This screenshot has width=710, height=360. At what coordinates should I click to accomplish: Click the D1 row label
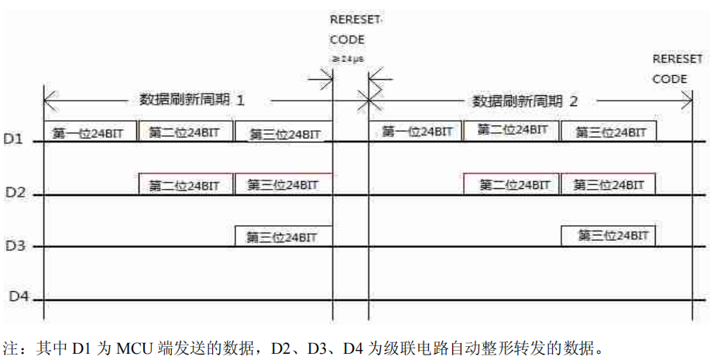pyautogui.click(x=15, y=140)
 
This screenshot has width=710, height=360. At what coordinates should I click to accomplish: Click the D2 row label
pyautogui.click(x=15, y=192)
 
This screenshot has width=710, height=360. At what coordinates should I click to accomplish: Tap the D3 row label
pyautogui.click(x=15, y=246)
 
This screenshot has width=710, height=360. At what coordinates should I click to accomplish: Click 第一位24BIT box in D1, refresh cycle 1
pyautogui.click(x=90, y=132)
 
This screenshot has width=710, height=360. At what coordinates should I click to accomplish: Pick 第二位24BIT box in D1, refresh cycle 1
pyautogui.click(x=185, y=132)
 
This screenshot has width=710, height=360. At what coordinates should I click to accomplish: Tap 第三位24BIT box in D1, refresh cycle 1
pyautogui.click(x=284, y=133)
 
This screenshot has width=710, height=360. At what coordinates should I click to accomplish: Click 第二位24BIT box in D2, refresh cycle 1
pyautogui.click(x=185, y=185)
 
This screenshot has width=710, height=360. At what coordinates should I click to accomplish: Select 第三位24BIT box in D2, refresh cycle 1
pyautogui.click(x=284, y=184)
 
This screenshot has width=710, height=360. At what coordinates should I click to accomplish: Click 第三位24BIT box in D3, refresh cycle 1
pyautogui.click(x=284, y=236)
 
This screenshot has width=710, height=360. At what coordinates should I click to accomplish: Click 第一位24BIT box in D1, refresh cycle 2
pyautogui.click(x=417, y=132)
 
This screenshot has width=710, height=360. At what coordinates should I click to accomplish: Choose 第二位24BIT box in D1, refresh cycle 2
pyautogui.click(x=513, y=130)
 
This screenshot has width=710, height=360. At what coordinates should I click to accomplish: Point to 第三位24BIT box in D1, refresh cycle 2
pyautogui.click(x=609, y=132)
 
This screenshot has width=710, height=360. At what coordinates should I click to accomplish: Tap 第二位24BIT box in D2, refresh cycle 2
pyautogui.click(x=513, y=184)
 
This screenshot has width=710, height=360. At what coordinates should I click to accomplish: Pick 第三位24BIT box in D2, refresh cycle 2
pyautogui.click(x=609, y=184)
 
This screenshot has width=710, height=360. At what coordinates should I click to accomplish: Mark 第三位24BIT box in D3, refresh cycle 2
pyautogui.click(x=609, y=235)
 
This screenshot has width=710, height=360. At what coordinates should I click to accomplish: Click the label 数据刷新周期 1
pyautogui.click(x=192, y=100)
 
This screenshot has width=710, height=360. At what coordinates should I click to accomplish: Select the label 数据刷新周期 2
pyautogui.click(x=525, y=101)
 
